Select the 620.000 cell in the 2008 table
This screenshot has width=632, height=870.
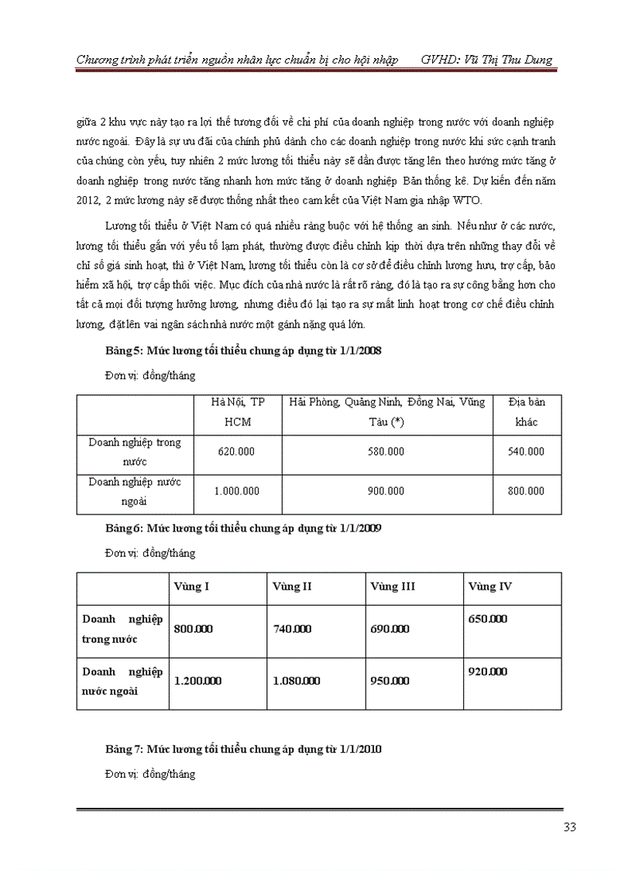tap(236, 451)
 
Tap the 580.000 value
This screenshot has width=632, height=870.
tap(386, 451)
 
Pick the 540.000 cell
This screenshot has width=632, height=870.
tap(526, 451)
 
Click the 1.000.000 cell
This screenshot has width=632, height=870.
tap(236, 491)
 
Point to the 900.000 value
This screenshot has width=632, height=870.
tap(386, 491)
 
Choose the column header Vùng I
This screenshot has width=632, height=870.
tap(193, 586)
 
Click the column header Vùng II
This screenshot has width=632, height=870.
tap(293, 586)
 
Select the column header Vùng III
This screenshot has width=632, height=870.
tap(393, 586)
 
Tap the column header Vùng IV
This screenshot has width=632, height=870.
tap(490, 586)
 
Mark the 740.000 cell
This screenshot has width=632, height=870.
tap(293, 629)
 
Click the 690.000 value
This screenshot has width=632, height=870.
tap(390, 629)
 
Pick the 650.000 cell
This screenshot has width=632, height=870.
tap(488, 619)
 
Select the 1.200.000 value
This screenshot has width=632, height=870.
tap(198, 681)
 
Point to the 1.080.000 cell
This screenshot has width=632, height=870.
tap(297, 681)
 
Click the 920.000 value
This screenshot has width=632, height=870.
tap(488, 672)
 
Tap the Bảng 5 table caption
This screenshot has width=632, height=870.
tap(242, 351)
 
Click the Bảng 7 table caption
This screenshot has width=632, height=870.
tap(242, 750)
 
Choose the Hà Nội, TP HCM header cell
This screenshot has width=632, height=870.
tap(236, 413)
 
